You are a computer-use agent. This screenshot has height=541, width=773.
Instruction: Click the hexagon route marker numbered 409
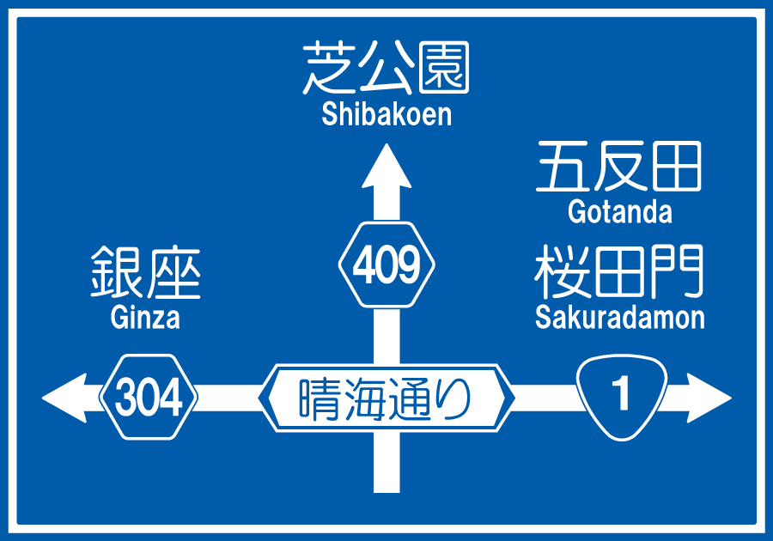(386, 265)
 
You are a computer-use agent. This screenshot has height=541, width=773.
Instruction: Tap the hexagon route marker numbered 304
(149, 398)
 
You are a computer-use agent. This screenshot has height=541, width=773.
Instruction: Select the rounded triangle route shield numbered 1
(621, 396)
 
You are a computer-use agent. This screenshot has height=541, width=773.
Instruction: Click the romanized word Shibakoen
(386, 114)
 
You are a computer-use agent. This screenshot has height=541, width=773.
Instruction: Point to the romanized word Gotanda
(619, 211)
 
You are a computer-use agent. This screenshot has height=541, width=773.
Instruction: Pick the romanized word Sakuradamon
(619, 317)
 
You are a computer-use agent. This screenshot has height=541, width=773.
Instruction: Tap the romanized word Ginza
(145, 318)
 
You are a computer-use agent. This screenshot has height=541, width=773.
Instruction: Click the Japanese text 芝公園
(386, 69)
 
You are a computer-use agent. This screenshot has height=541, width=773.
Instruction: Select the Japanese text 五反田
(619, 167)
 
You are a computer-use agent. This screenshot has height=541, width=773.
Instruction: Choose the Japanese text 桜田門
(619, 272)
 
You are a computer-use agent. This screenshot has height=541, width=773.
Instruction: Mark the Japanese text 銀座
(145, 273)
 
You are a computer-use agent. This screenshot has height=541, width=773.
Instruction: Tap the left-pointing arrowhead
(64, 398)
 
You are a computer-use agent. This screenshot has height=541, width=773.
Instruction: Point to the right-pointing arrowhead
(709, 398)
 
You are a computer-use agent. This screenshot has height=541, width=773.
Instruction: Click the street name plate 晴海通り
(386, 398)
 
